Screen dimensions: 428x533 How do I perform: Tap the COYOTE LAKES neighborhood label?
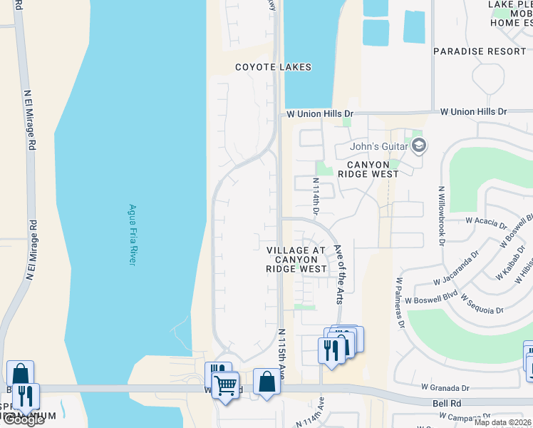point(274,67)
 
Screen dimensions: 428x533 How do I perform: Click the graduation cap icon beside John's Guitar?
point(419,146)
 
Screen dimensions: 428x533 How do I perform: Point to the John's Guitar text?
point(378,147)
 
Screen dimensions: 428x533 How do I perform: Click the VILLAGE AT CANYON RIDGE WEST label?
point(296,260)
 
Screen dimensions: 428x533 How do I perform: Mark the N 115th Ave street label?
point(281,355)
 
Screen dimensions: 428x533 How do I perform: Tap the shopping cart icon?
point(226,385)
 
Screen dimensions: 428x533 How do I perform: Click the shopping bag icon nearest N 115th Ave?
point(266,381)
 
